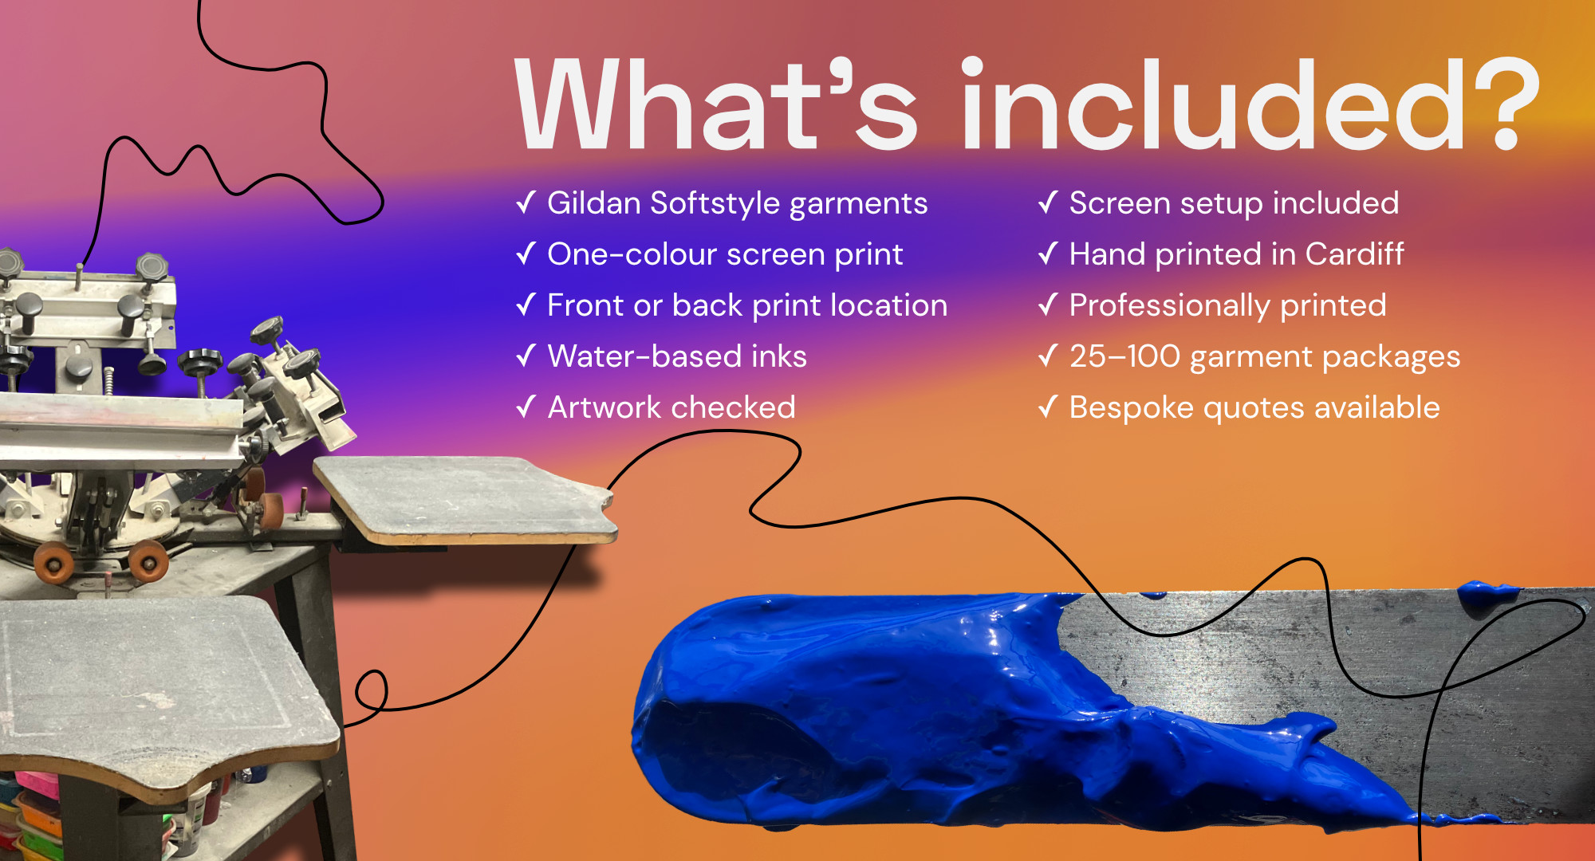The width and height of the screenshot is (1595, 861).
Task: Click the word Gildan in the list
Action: point(594,203)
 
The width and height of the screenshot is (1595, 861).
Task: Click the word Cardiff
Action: point(1355,254)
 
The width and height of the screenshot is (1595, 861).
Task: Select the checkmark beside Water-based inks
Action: point(526,356)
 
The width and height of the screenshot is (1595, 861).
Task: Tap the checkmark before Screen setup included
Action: point(1048,202)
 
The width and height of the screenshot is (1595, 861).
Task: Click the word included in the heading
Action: point(1213,104)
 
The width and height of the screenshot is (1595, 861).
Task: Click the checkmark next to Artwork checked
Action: point(526,407)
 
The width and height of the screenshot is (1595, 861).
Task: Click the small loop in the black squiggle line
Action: point(372,690)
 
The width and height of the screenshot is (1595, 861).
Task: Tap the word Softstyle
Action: point(715,204)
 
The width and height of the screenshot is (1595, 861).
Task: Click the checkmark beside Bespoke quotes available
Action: point(1048,407)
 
